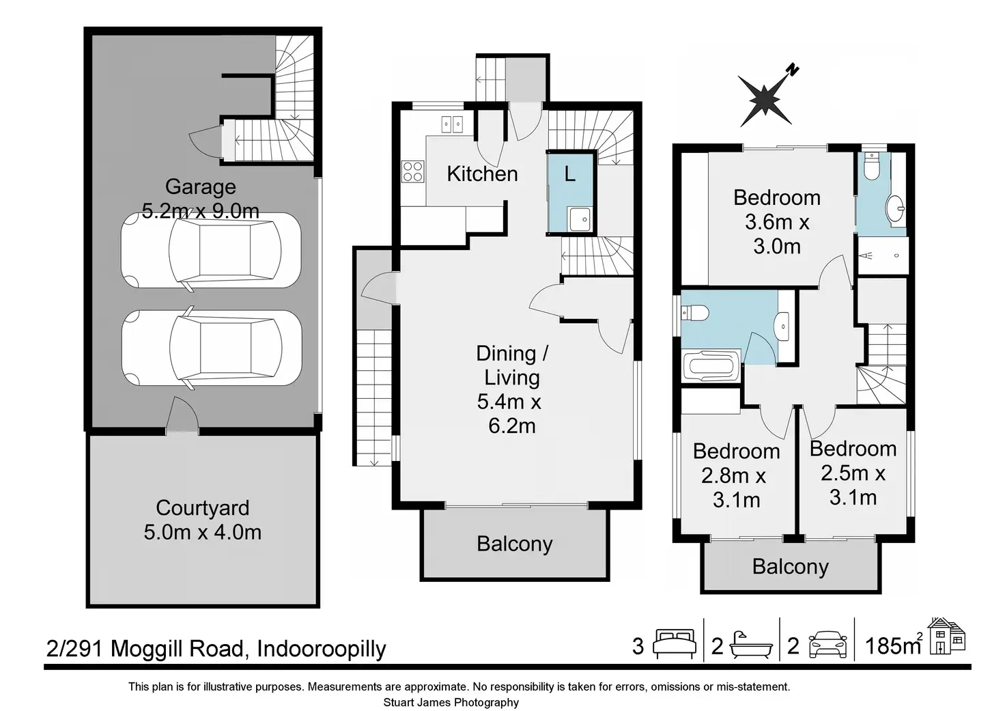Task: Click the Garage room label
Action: coord(201,186)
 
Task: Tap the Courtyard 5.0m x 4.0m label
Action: coord(202,520)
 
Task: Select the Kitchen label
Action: coord(482,173)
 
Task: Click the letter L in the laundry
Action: coord(570,173)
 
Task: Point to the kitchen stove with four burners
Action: coord(413,171)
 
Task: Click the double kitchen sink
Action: coord(452,124)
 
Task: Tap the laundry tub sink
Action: coord(580,219)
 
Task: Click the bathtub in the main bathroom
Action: coord(711,366)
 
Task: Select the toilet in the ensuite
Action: coord(871,166)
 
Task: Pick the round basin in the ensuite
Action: coord(895,209)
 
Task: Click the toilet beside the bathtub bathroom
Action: coord(694,312)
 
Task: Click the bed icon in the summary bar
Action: coord(675,645)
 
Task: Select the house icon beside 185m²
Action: coord(947,637)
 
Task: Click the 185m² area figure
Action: coord(894,645)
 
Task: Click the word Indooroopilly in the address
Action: coord(322,649)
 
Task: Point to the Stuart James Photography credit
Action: coord(451,703)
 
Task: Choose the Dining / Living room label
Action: coord(511,389)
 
